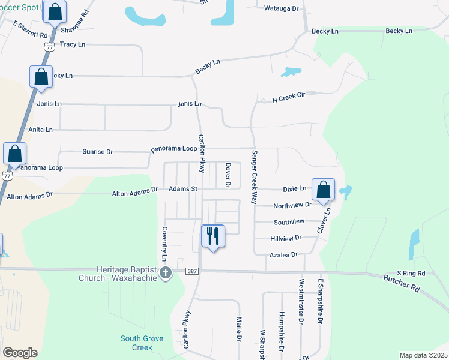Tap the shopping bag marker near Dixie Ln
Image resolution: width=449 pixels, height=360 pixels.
(323, 189)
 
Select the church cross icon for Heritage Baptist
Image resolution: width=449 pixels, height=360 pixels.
(166, 274)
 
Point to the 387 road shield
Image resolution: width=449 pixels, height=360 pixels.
(191, 272)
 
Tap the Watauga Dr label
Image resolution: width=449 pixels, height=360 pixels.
(282, 8)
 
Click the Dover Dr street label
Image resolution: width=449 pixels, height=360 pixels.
(228, 175)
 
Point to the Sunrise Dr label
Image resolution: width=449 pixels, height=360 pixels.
(97, 152)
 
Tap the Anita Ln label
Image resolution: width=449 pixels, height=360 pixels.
(41, 130)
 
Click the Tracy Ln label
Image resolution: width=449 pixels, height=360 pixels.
(73, 44)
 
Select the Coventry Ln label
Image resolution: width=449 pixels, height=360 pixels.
(164, 244)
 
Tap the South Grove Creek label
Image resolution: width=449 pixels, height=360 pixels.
(141, 343)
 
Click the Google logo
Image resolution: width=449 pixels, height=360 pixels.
(20, 353)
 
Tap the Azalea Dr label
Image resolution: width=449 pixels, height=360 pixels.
(282, 255)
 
